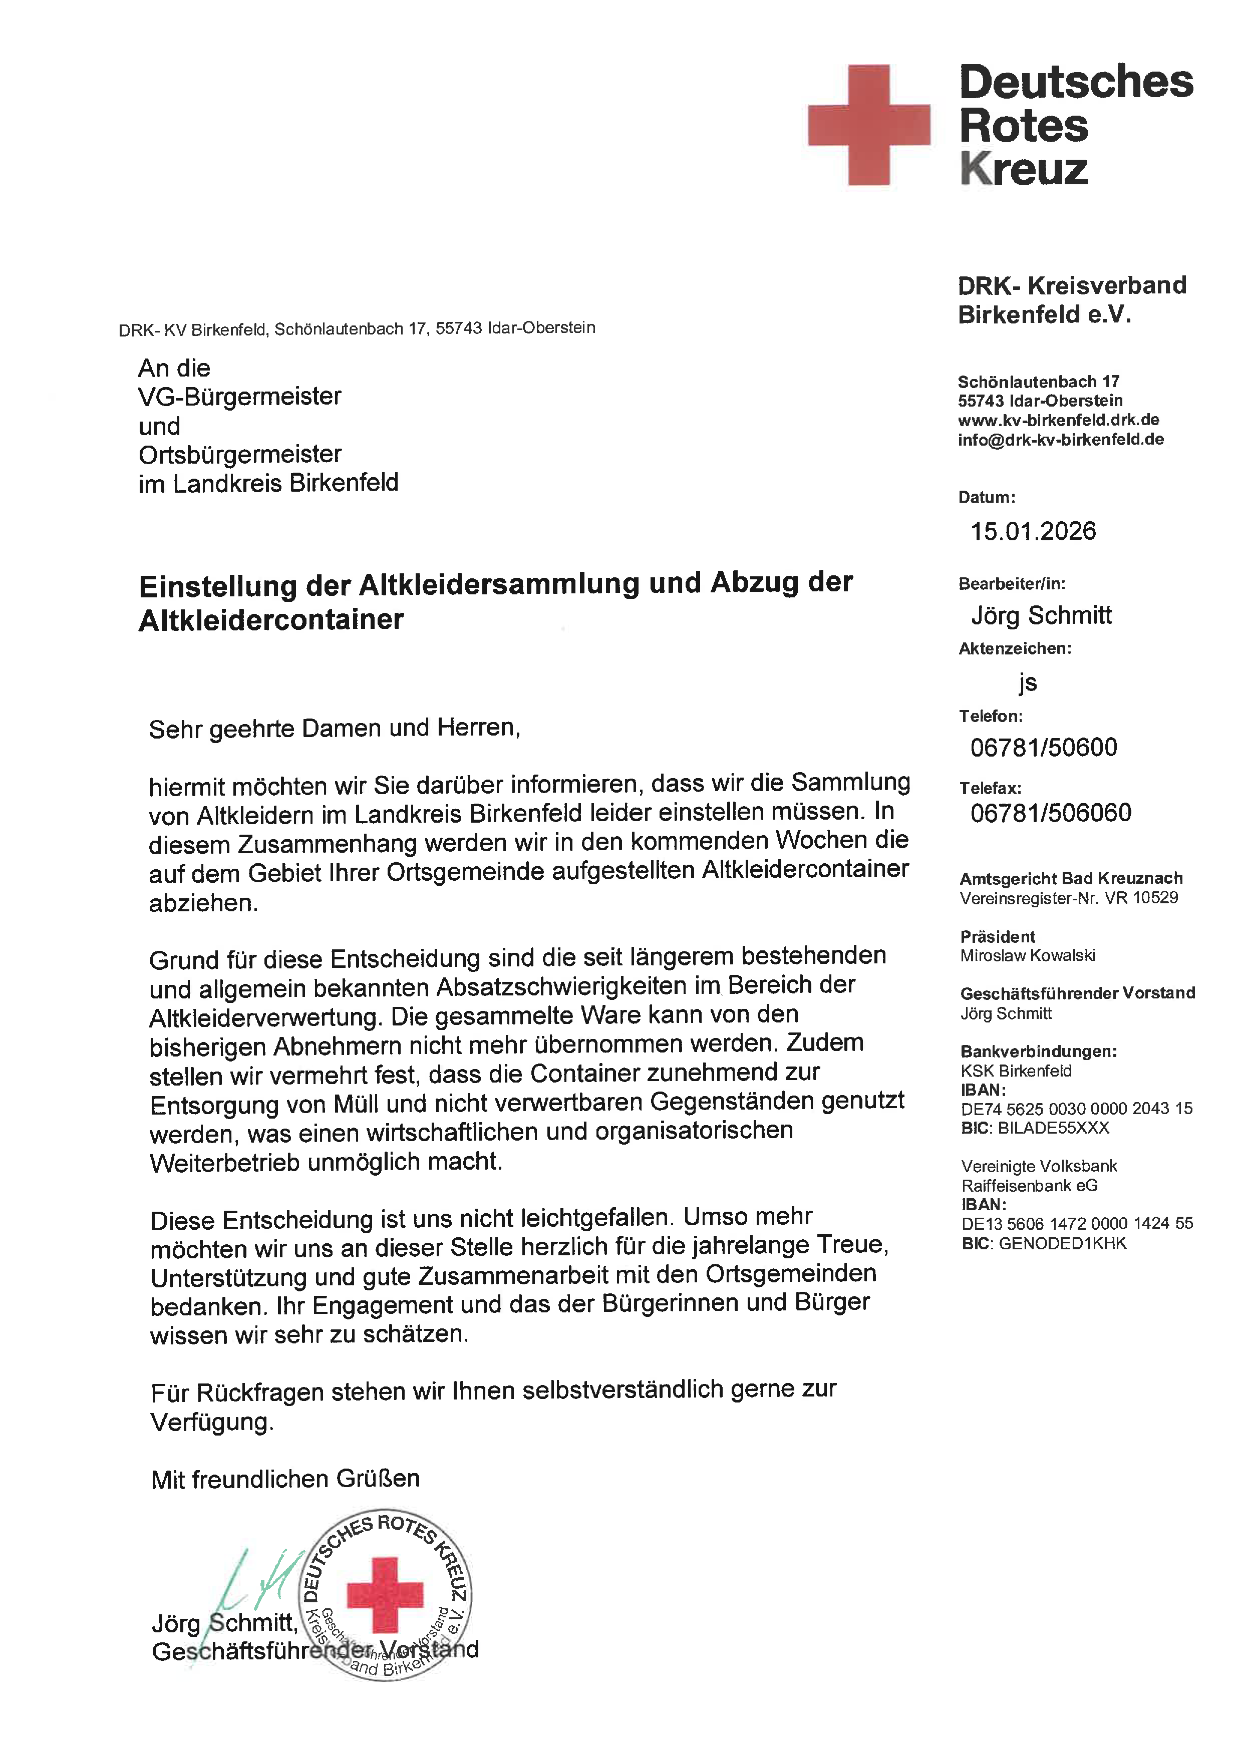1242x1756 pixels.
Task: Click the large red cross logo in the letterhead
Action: point(869,125)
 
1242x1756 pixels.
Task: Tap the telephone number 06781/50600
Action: point(1043,747)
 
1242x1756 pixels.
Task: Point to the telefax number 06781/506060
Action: point(1050,812)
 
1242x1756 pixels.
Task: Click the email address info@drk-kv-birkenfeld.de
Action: point(1060,440)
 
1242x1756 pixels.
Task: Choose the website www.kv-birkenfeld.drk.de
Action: point(1058,420)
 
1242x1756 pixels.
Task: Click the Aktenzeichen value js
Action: point(1027,682)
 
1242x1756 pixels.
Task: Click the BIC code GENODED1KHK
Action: point(1062,1244)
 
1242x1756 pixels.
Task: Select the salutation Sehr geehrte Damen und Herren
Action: point(334,728)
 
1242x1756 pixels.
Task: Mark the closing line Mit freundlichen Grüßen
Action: point(285,1479)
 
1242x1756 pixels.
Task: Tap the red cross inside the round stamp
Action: point(385,1595)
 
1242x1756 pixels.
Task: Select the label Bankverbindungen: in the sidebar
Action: point(1038,1051)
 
